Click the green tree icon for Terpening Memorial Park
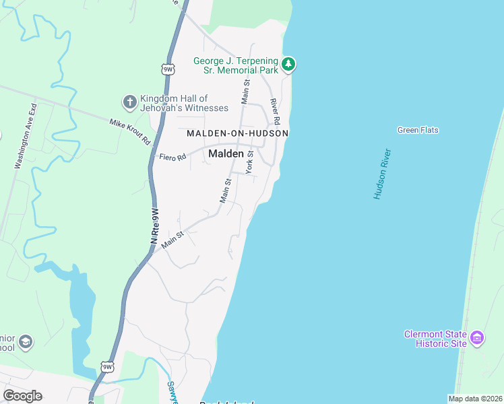pyautogui.click(x=288, y=64)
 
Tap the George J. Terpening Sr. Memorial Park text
pyautogui.click(x=236, y=65)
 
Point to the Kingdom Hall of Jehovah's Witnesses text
pyautogui.click(x=175, y=103)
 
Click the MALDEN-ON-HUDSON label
pyautogui.click(x=237, y=133)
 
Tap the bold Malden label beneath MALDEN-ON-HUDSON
pyautogui.click(x=226, y=154)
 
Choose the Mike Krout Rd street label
pyautogui.click(x=130, y=131)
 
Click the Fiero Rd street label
pyautogui.click(x=172, y=157)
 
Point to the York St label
pyautogui.click(x=249, y=162)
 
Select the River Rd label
pyautogui.click(x=274, y=110)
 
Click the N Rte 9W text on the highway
pyautogui.click(x=154, y=226)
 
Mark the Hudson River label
pyautogui.click(x=382, y=174)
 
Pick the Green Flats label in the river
pyautogui.click(x=418, y=130)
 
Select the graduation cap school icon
pyautogui.click(x=26, y=342)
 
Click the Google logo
pyautogui.click(x=22, y=396)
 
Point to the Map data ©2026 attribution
pyautogui.click(x=475, y=399)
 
